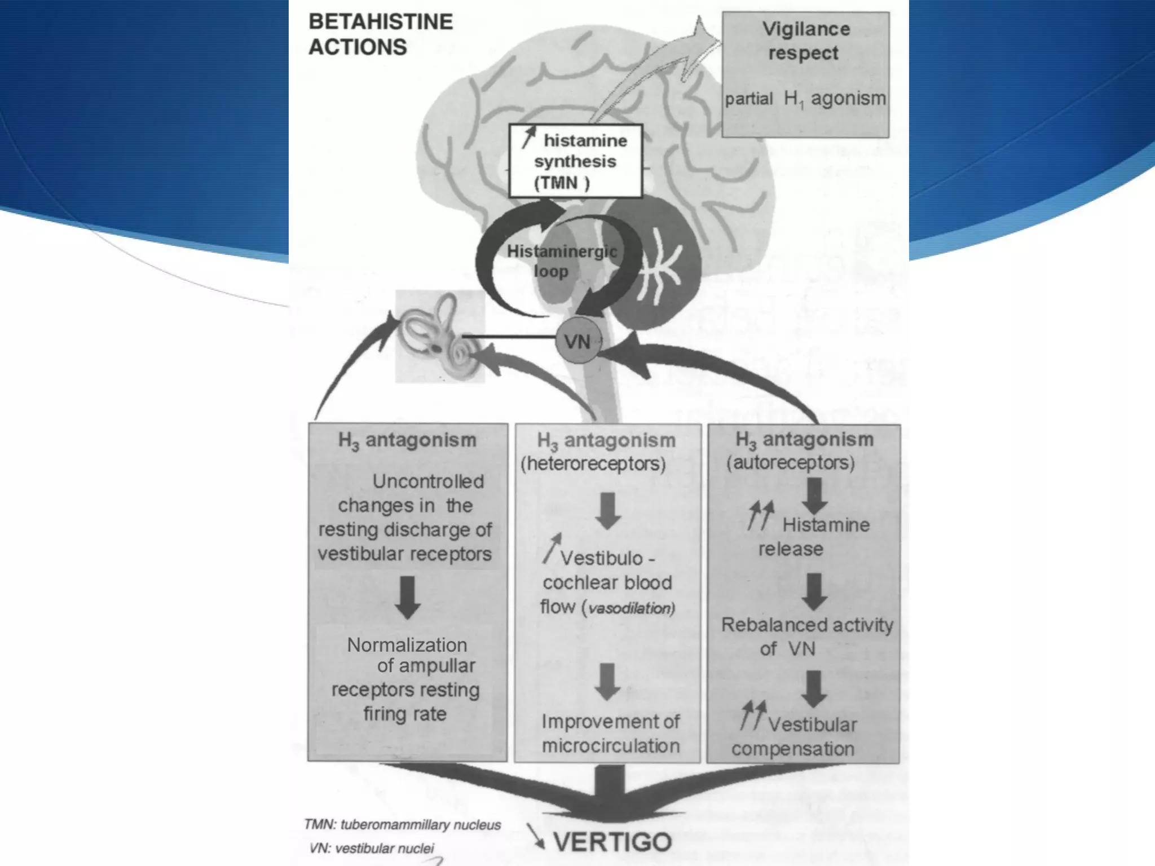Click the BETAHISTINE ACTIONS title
[381, 34]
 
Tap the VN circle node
[577, 341]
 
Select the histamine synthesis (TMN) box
[575, 161]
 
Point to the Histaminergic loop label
[561, 260]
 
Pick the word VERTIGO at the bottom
[612, 842]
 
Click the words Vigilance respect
[805, 41]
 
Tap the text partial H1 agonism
[805, 99]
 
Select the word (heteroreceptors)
[593, 464]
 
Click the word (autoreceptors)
[791, 463]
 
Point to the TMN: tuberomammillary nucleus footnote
[402, 825]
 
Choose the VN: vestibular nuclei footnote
[372, 848]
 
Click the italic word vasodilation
[632, 608]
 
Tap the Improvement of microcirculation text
[611, 734]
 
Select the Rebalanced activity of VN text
[806, 637]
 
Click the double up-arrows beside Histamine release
[761, 515]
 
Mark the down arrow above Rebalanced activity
[815, 591]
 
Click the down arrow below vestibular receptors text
[407, 597]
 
